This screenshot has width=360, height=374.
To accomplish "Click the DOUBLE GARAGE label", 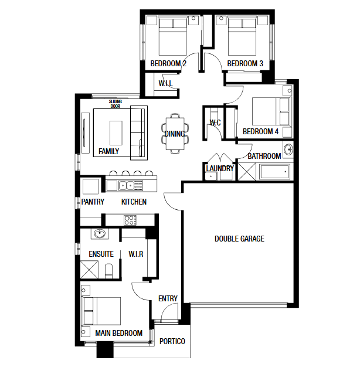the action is click(239, 239).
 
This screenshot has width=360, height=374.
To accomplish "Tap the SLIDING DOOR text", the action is click(116, 104).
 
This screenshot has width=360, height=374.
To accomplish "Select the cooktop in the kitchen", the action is click(130, 220).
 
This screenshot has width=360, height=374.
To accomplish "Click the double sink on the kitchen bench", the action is click(127, 186).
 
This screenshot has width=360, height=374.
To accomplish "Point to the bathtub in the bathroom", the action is click(275, 172).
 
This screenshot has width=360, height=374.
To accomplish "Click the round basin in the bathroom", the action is click(288, 149).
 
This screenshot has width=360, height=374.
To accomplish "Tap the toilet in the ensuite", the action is click(109, 271).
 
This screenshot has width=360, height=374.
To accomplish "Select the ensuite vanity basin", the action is click(100, 233).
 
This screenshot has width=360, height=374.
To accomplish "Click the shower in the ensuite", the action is click(89, 269).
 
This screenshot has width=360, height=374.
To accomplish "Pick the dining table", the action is click(175, 134).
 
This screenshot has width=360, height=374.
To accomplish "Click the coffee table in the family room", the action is click(116, 133).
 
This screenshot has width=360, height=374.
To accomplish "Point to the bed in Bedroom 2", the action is click(173, 37).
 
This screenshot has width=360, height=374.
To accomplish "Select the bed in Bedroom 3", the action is click(242, 37).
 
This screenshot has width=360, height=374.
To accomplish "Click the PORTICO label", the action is click(172, 341).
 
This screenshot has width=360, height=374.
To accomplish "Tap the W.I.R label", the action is click(136, 254).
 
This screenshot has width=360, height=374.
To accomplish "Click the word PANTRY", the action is click(93, 202).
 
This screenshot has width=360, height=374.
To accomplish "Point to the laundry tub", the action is click(211, 176).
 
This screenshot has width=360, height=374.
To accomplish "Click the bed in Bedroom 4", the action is click(271, 111).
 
